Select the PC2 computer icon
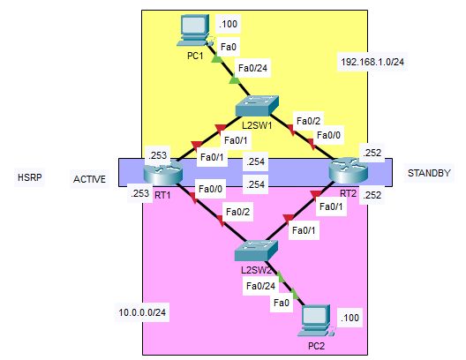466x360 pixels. point(316,321)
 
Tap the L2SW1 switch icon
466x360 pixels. point(257,106)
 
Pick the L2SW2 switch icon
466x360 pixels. point(256,251)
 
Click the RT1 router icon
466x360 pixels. point(162,173)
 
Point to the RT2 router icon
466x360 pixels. point(349,172)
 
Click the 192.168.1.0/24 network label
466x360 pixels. point(372,62)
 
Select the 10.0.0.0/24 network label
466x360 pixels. point(142,312)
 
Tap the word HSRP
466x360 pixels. point(29,177)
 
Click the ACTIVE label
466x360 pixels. point(89,179)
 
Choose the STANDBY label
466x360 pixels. point(429,173)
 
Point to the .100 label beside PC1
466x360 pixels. point(228,24)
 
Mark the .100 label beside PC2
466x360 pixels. point(349,318)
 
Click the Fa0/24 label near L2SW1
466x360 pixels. point(252,68)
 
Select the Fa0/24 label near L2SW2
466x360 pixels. point(260,286)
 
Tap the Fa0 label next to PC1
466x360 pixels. point(229,47)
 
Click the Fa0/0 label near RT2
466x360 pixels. point(328,136)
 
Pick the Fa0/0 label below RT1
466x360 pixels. point(210,189)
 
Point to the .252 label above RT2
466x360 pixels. point(372,153)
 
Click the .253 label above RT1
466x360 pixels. point(157,155)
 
